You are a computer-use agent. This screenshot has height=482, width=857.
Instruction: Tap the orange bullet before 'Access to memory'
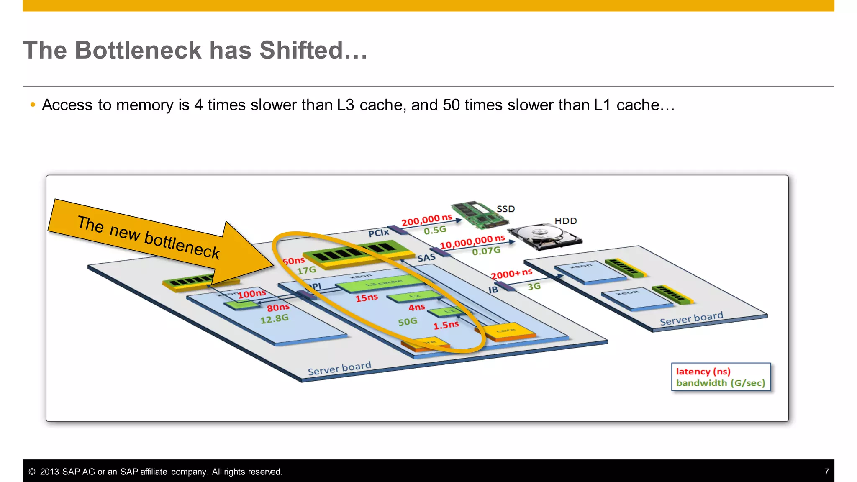point(33,105)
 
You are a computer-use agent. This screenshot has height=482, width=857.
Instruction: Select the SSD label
point(505,209)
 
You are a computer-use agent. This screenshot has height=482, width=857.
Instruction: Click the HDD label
point(565,221)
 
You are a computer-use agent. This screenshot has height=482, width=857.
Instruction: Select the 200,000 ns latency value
point(426,220)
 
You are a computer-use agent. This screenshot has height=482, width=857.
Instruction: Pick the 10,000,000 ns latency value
point(472,241)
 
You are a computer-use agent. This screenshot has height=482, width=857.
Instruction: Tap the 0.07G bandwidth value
point(486,251)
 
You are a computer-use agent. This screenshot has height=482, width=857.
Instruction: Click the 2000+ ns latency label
point(511,274)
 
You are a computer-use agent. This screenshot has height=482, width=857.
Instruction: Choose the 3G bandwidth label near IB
point(534,287)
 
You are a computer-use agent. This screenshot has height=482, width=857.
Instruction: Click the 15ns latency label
point(367,298)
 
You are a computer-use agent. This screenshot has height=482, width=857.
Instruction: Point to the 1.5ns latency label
point(446,325)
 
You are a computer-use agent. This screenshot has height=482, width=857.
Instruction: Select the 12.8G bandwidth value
point(274,319)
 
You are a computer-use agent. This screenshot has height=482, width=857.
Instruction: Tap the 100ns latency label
point(251,294)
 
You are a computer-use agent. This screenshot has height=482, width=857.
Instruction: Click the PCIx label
point(378,233)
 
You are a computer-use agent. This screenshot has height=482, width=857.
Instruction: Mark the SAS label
point(426,258)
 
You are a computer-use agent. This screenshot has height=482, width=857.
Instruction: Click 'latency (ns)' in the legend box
point(703,372)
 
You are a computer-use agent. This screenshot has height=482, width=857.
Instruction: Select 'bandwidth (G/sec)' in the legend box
point(720,383)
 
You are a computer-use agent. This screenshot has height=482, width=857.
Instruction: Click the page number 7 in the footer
point(826,472)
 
